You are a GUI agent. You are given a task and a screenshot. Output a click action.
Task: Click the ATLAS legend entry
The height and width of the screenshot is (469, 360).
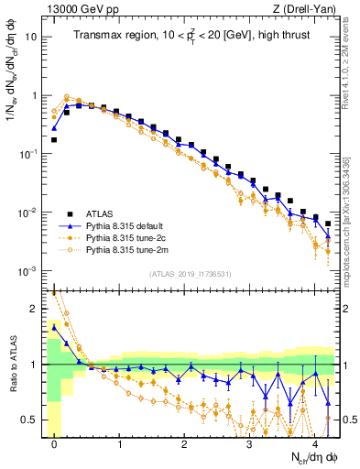click(99, 214)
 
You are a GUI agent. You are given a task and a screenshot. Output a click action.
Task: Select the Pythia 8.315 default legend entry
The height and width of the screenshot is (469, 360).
click(123, 225)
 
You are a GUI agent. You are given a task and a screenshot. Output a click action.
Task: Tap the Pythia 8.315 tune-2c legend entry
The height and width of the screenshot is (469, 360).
click(123, 237)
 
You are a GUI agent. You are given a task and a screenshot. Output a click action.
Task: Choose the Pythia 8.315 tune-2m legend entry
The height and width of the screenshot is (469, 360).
click(123, 249)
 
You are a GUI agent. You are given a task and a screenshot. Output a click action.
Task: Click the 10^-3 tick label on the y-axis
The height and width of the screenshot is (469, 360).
click(30, 271)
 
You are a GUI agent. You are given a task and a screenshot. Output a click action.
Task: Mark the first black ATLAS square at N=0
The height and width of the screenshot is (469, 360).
click(55, 140)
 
